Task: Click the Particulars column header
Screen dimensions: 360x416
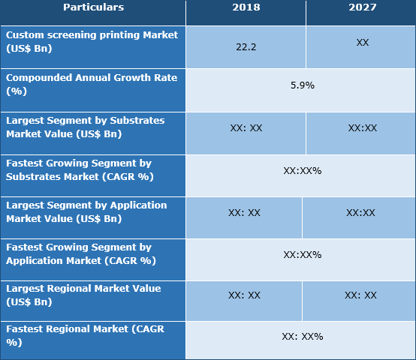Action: click(x=93, y=7)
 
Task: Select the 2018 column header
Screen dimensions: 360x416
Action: click(x=246, y=7)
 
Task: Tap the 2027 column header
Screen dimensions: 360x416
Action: click(x=363, y=7)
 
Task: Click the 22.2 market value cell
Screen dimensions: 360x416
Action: click(x=246, y=46)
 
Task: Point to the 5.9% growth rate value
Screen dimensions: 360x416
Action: click(x=302, y=85)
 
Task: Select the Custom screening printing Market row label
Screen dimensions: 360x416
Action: click(x=92, y=41)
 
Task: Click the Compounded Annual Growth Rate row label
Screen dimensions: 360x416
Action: click(x=92, y=84)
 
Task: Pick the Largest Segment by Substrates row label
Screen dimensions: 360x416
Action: click(x=92, y=127)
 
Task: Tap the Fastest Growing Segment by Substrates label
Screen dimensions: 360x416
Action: click(x=92, y=169)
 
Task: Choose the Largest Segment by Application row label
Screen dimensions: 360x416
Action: click(x=92, y=211)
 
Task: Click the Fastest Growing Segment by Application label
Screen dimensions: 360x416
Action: click(x=92, y=253)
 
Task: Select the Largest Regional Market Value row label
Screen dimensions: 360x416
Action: click(x=92, y=295)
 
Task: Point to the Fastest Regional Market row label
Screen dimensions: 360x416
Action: click(x=92, y=335)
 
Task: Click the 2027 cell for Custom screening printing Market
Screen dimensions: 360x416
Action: click(x=362, y=43)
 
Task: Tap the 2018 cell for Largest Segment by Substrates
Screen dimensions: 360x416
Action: click(x=246, y=128)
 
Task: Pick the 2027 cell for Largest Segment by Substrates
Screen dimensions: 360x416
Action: click(x=362, y=128)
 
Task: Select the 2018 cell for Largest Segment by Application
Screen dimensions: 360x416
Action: click(x=244, y=213)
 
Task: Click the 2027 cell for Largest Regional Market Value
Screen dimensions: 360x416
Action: click(x=360, y=295)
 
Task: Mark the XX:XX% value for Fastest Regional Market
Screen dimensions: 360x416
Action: click(x=302, y=337)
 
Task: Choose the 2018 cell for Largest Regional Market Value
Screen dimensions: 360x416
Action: click(x=244, y=295)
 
